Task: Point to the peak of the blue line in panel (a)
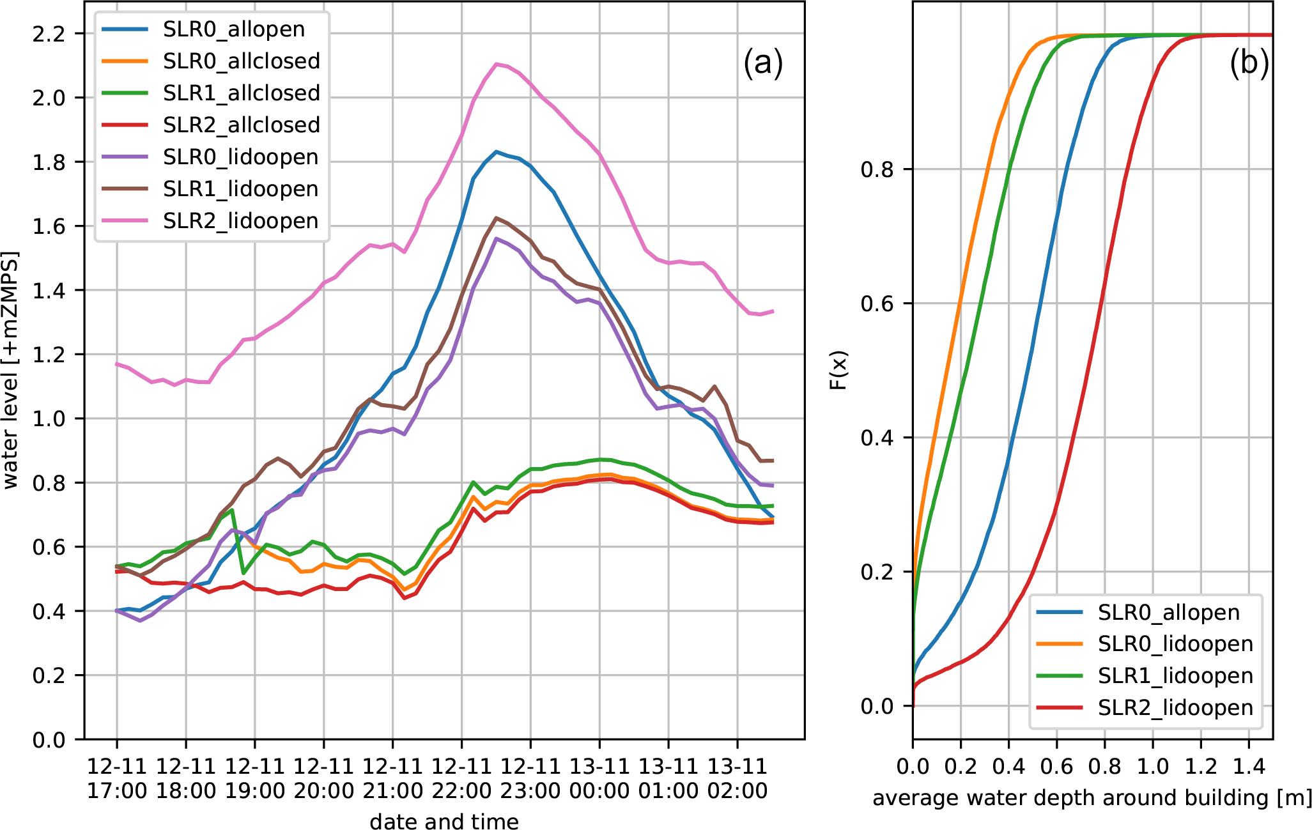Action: click(x=497, y=151)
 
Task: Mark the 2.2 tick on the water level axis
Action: click(x=49, y=34)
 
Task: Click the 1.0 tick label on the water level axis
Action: click(x=49, y=419)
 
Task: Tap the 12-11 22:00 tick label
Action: click(x=461, y=778)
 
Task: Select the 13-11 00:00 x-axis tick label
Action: click(x=599, y=778)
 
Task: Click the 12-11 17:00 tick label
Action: click(x=117, y=778)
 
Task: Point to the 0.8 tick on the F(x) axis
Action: click(x=878, y=170)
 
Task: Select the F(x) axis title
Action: click(x=838, y=371)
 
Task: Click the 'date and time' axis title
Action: click(x=444, y=821)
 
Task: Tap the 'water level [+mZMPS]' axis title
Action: click(x=11, y=371)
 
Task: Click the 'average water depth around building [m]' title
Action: click(x=1092, y=798)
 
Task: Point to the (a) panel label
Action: click(x=762, y=64)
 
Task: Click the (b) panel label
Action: click(x=1249, y=64)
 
